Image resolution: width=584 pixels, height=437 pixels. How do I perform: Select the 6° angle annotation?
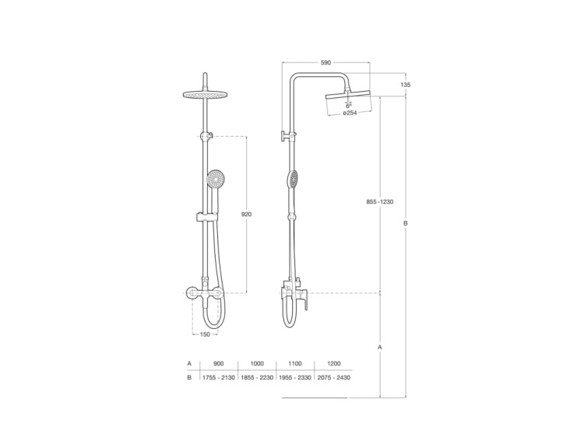tap(348, 104)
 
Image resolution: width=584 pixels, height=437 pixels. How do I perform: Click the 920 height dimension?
tap(247, 214)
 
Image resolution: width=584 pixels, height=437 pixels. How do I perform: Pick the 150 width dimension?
tap(205, 334)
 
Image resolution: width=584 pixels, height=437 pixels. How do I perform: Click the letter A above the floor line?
tap(379, 347)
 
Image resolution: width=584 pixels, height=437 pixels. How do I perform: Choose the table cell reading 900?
tap(218, 363)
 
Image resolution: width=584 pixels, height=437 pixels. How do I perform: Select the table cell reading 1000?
tap(257, 363)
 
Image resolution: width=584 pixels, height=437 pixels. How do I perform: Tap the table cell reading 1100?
tap(295, 363)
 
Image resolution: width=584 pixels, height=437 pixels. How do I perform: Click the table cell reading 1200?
tap(333, 363)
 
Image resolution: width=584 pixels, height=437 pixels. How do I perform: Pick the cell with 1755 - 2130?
tap(218, 377)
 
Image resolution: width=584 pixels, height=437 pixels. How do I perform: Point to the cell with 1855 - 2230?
tap(257, 377)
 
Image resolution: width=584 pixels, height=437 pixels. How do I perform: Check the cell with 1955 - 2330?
tap(295, 377)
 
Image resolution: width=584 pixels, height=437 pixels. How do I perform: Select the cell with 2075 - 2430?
tap(333, 377)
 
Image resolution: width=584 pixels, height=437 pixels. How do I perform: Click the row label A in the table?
tap(188, 363)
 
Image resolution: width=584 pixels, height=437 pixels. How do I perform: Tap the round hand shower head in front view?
tap(213, 179)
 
